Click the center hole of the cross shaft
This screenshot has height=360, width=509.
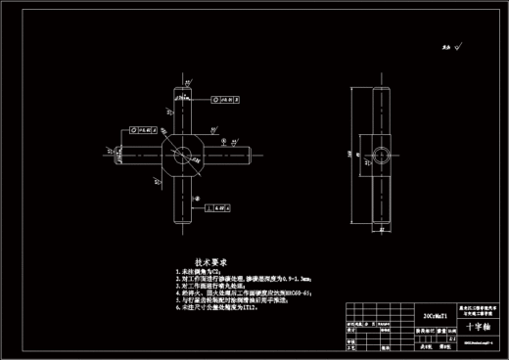(x=182, y=155)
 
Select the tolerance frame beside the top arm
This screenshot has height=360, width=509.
(x=224, y=99)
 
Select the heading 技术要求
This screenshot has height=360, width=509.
(x=210, y=263)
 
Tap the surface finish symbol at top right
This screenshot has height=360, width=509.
(x=453, y=44)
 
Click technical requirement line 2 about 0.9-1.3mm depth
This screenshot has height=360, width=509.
(x=235, y=280)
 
